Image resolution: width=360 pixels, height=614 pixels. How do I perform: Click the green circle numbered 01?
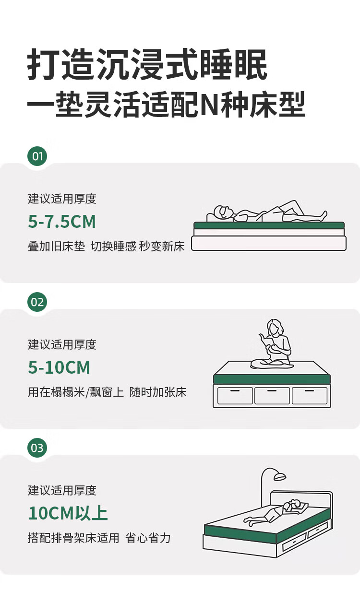pyautogui.click(x=37, y=156)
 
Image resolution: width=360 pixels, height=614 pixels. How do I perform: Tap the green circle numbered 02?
pyautogui.click(x=37, y=302)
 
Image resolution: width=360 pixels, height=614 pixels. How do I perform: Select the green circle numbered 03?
pyautogui.click(x=37, y=448)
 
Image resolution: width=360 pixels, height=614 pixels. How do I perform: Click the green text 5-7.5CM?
pyautogui.click(x=62, y=222)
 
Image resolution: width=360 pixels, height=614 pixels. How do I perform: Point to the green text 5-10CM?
pyautogui.click(x=59, y=367)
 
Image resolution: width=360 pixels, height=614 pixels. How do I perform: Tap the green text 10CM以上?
pyautogui.click(x=68, y=513)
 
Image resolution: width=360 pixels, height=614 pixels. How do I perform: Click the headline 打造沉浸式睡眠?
pyautogui.click(x=147, y=65)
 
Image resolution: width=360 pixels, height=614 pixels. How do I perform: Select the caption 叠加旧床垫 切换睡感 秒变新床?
pyautogui.click(x=106, y=246)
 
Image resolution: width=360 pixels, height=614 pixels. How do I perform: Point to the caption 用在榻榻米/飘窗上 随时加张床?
pyautogui.click(x=107, y=392)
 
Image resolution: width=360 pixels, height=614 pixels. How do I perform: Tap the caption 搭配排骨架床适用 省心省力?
pyautogui.click(x=99, y=538)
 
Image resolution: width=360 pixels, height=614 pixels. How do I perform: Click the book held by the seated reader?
pyautogui.click(x=267, y=341)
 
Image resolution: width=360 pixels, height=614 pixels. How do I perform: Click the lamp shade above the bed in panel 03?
pyautogui.click(x=280, y=477)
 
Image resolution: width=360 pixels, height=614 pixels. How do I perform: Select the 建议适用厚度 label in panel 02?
pyautogui.click(x=62, y=344)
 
